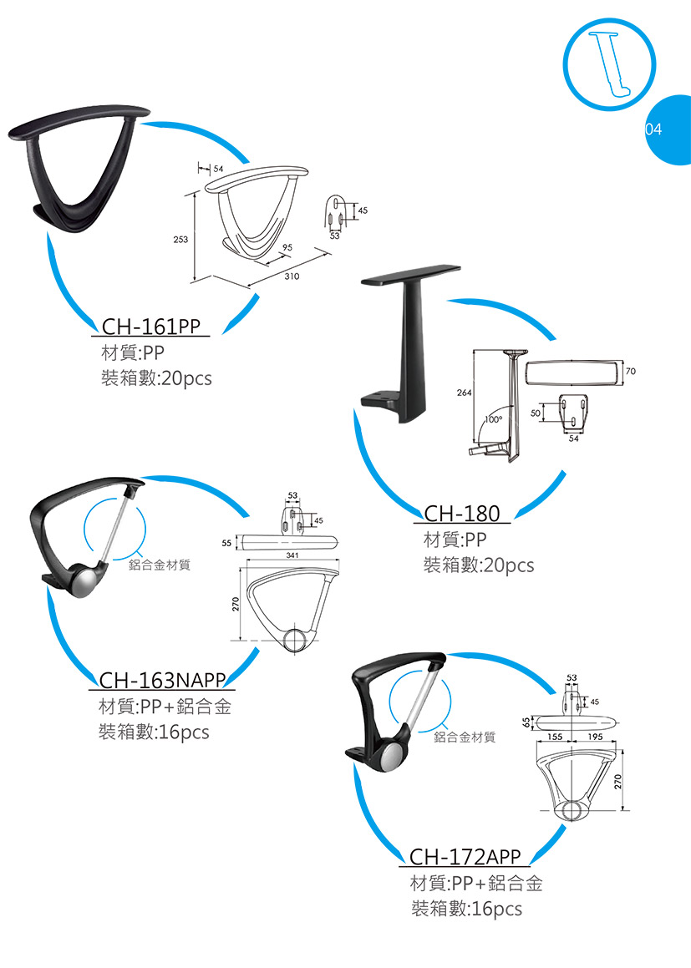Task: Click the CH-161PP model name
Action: click(x=152, y=326)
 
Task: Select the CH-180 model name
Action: click(x=462, y=513)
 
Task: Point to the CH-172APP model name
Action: click(x=465, y=857)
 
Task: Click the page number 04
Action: click(x=653, y=129)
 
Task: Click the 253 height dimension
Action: click(x=180, y=240)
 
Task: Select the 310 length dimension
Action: click(x=292, y=275)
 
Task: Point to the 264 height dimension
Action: click(x=464, y=391)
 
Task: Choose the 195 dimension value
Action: click(x=596, y=737)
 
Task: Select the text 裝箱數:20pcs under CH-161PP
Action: click(x=156, y=378)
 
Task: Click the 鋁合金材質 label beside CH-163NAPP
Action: click(x=160, y=565)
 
